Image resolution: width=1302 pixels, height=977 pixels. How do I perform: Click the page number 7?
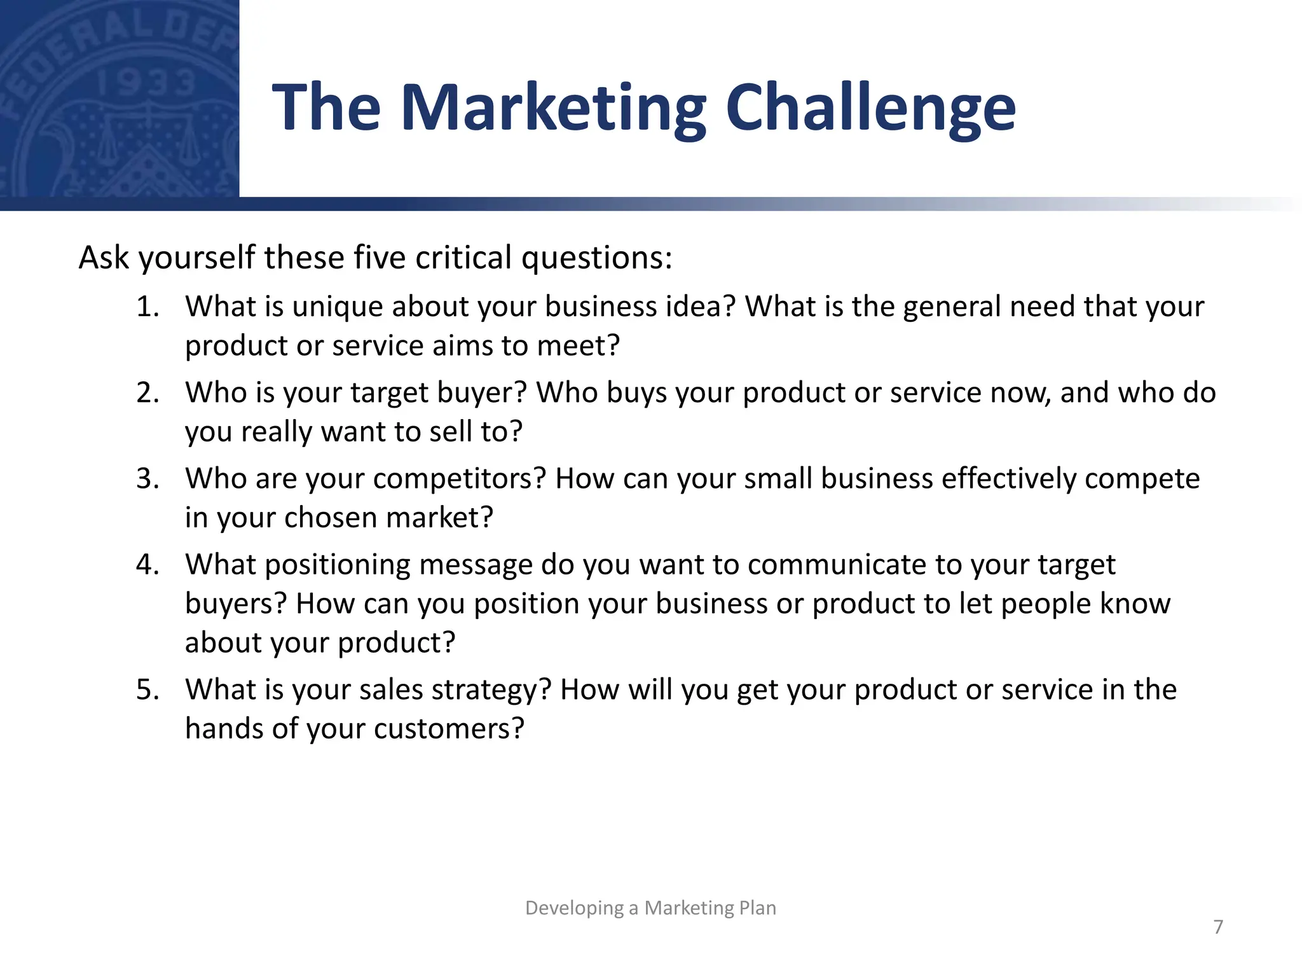1218,927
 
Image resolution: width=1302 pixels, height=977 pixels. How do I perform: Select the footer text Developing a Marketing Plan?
650,908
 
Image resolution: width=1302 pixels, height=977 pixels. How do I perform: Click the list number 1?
147,307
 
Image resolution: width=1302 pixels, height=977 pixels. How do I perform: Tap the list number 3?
147,479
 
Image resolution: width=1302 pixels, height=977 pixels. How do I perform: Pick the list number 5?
147,690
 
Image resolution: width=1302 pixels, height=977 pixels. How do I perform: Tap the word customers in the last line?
449,729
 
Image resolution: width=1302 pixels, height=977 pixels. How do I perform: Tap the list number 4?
147,565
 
